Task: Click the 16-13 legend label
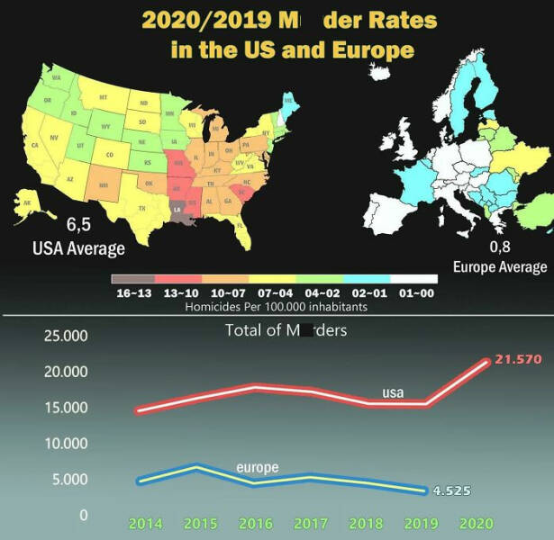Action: (x=133, y=293)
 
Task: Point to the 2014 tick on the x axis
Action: (x=146, y=523)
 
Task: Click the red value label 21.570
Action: (x=518, y=360)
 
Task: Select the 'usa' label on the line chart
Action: (x=393, y=393)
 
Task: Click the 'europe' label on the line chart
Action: (x=258, y=468)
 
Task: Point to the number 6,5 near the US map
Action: (x=78, y=225)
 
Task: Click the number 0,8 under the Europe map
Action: (x=500, y=247)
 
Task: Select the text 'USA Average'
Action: (x=78, y=247)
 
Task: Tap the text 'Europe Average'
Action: (x=499, y=267)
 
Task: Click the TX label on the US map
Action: (x=142, y=208)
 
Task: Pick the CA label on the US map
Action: (x=35, y=146)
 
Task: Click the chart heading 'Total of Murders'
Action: (x=286, y=330)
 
